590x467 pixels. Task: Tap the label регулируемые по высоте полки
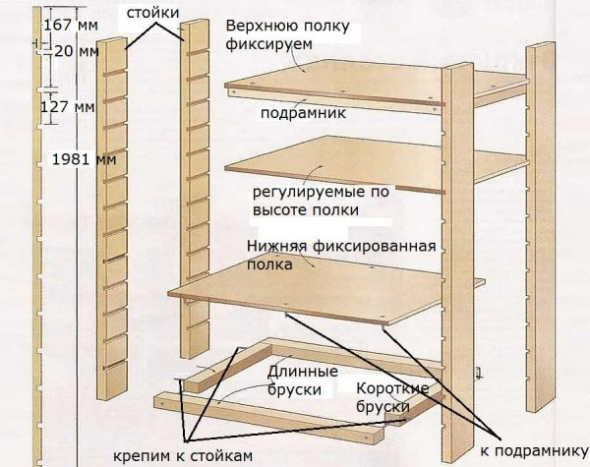(x=315, y=201)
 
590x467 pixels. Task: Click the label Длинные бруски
(x=303, y=380)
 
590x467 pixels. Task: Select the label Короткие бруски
(x=391, y=396)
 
